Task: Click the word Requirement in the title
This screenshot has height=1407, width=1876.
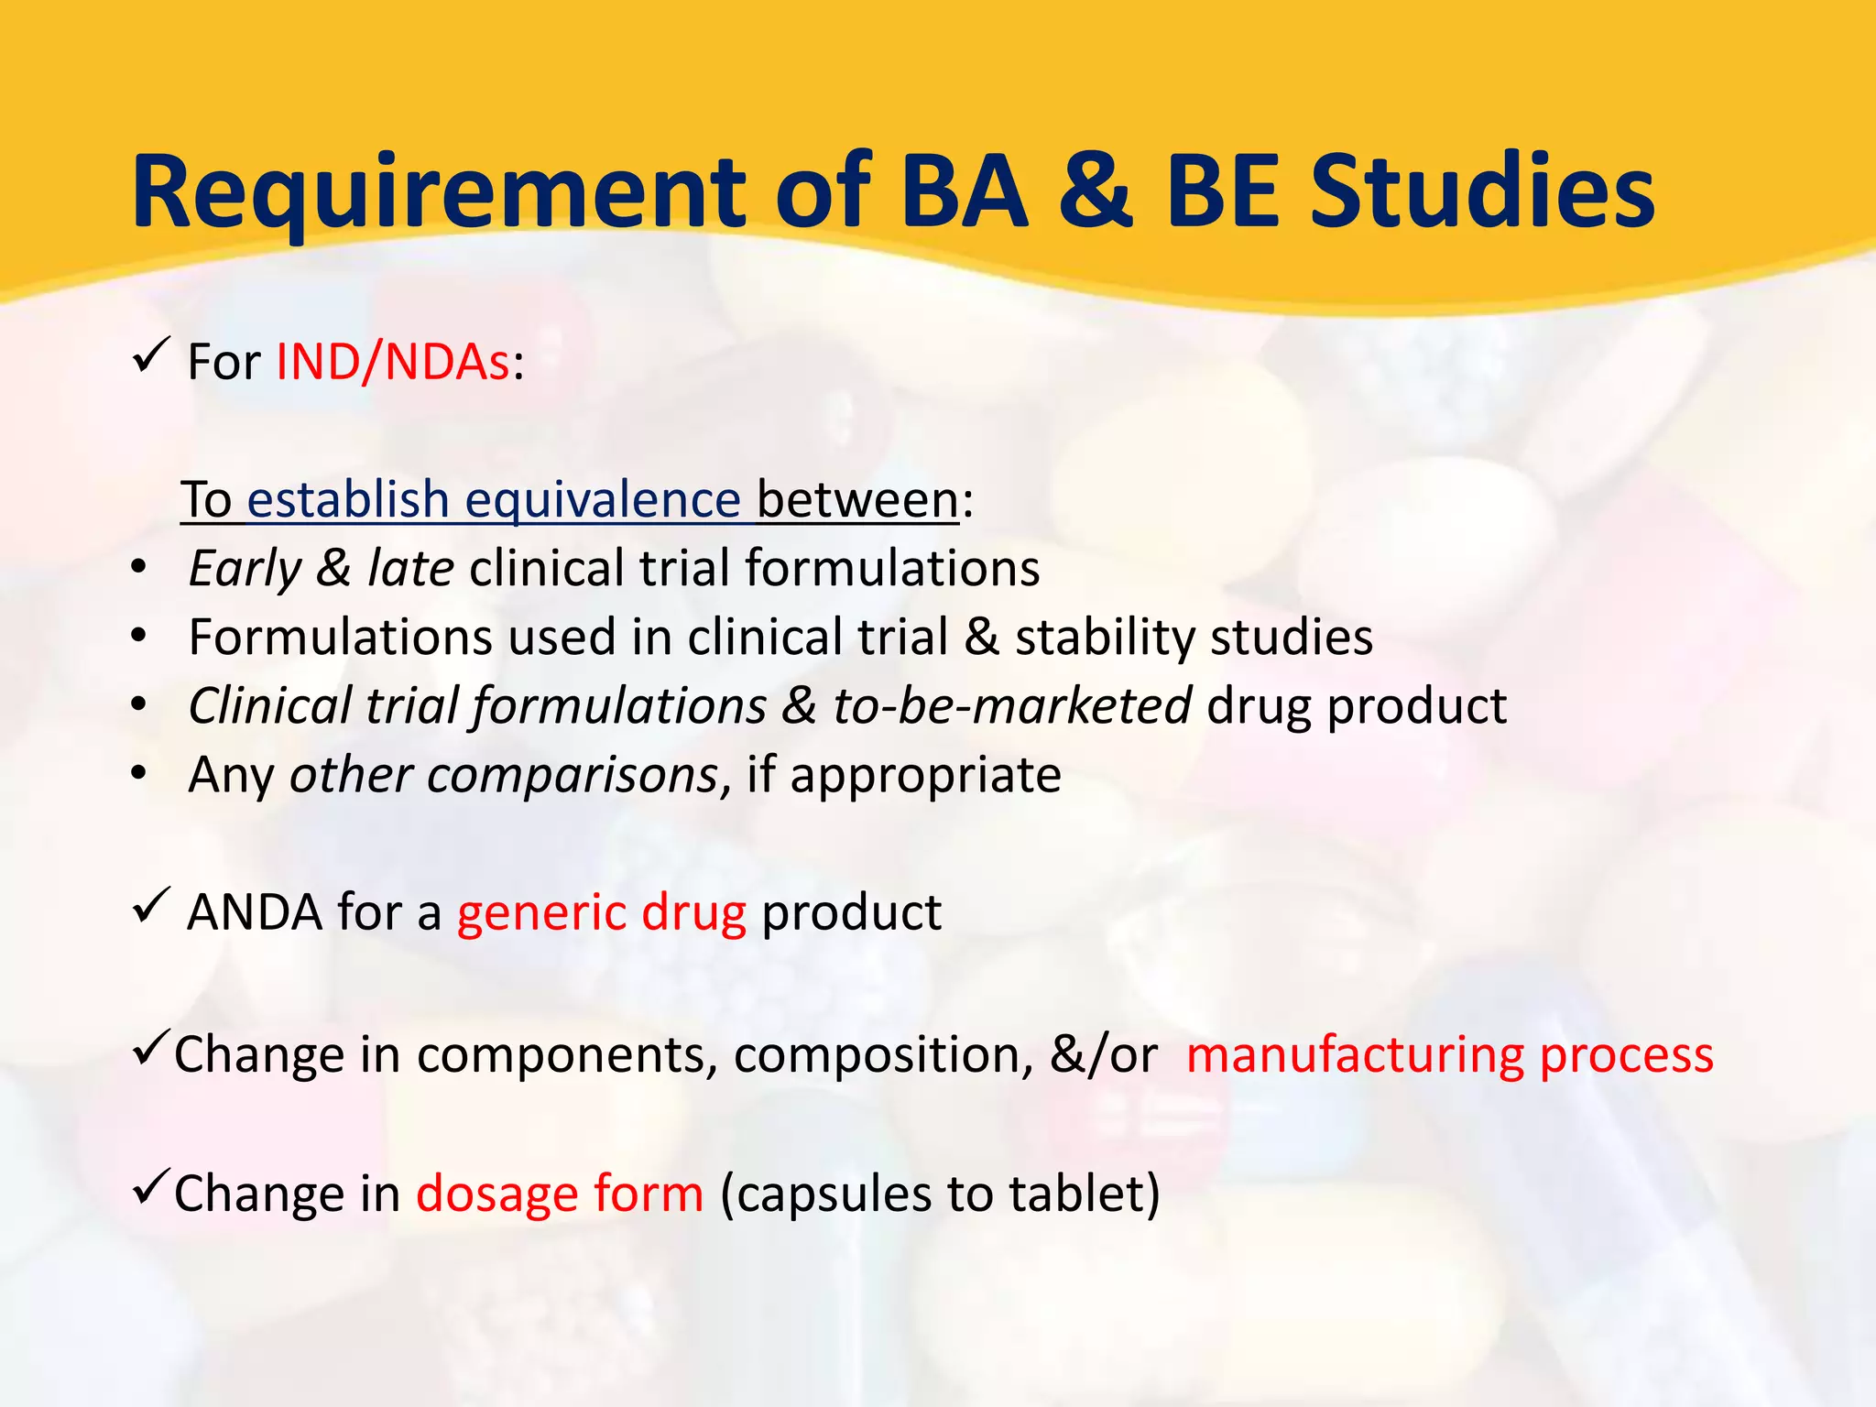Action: click(440, 194)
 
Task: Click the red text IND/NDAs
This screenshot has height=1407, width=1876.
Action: click(393, 362)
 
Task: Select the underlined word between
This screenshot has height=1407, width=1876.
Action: click(857, 500)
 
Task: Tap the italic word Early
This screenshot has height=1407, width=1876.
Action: click(244, 569)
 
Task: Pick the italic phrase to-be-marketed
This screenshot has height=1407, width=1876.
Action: click(1011, 706)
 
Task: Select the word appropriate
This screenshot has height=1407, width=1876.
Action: click(925, 777)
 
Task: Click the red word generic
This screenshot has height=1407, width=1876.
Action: click(541, 913)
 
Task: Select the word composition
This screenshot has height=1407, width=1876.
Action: click(877, 1056)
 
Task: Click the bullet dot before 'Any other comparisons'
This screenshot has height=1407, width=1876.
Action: click(138, 774)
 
